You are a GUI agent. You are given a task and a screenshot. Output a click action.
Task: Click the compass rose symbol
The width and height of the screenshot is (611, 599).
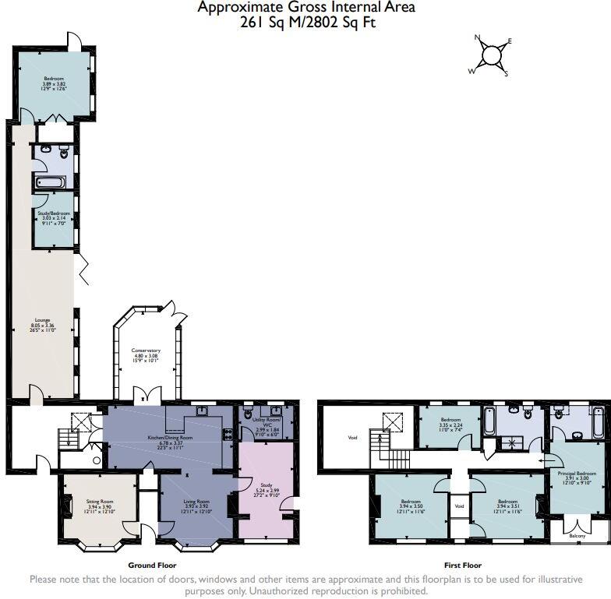(492, 55)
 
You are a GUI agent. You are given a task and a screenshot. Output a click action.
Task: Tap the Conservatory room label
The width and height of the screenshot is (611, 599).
(147, 355)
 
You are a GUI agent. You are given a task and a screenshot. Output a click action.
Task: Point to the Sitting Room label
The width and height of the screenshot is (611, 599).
(100, 506)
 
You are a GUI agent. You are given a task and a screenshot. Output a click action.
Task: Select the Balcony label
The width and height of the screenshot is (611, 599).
(577, 536)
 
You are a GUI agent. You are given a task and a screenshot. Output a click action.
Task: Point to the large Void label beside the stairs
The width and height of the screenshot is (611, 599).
(351, 438)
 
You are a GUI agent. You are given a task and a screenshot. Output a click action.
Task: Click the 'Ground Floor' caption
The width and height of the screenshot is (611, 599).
(152, 566)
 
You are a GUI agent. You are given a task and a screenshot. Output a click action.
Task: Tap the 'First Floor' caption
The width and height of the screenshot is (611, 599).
(463, 566)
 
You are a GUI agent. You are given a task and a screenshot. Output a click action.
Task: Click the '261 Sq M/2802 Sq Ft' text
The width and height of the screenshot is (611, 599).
(306, 23)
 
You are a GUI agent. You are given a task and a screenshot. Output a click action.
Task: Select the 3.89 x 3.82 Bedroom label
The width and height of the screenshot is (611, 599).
(54, 83)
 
